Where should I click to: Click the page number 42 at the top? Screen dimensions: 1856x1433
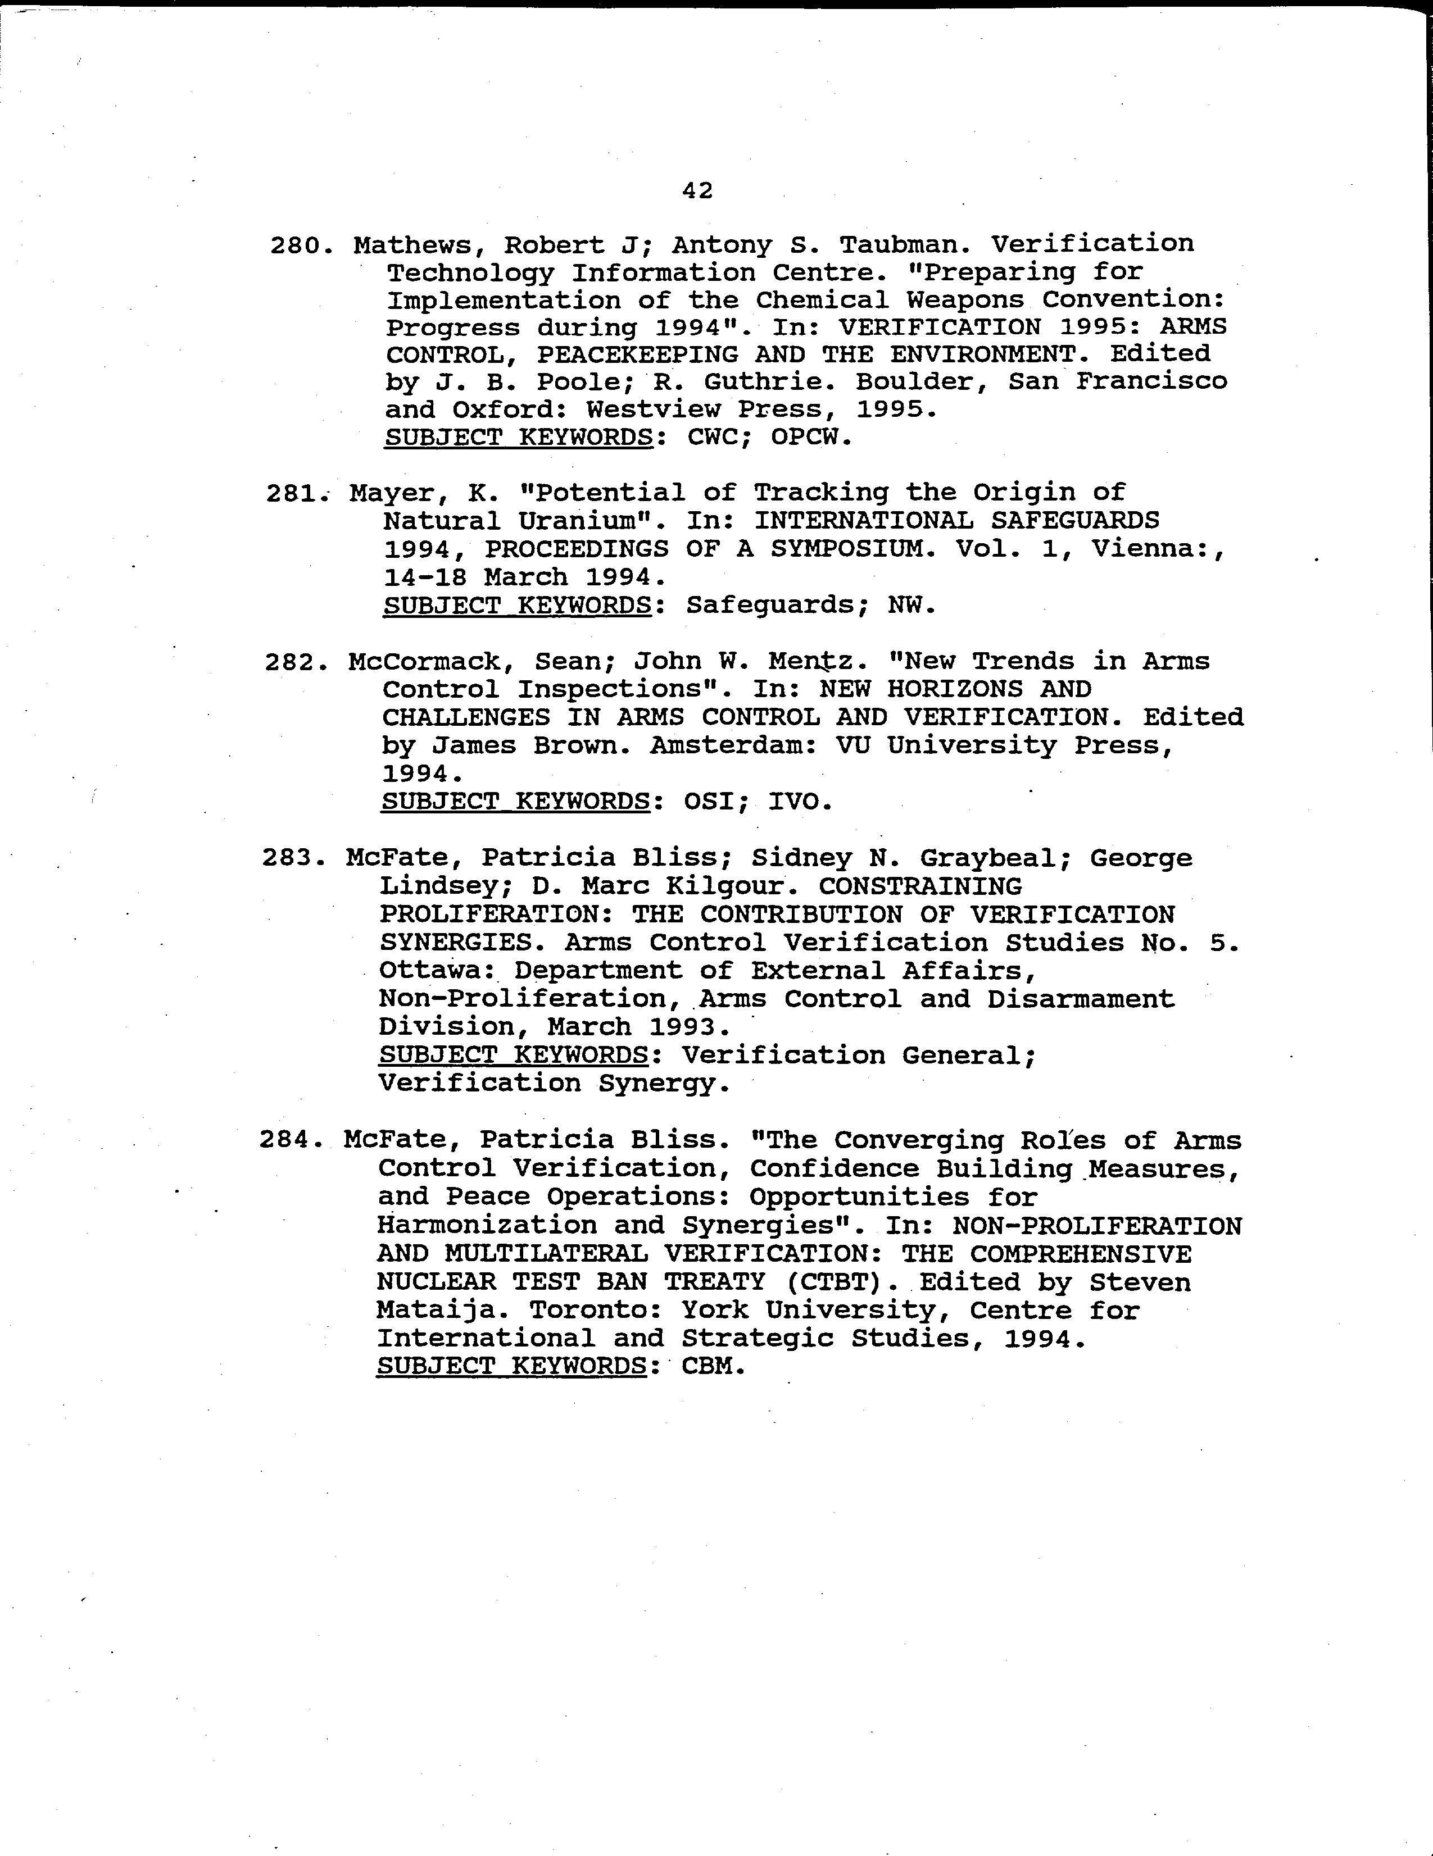coord(697,191)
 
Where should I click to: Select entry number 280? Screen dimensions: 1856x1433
coord(298,247)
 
